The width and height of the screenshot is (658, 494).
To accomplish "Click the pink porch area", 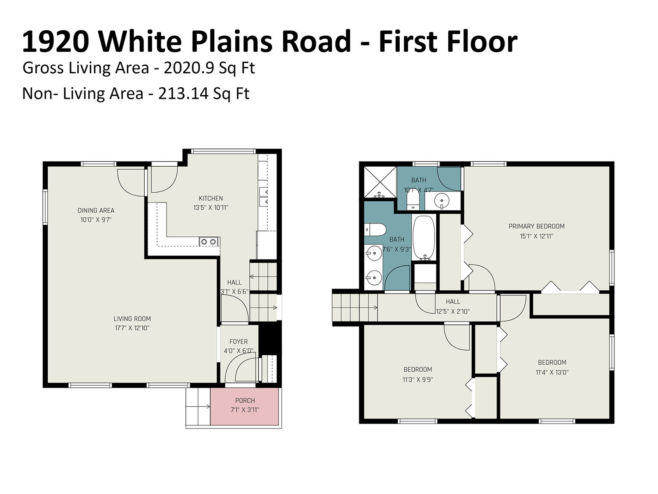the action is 245,406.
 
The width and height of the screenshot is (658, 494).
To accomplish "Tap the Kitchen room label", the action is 211,198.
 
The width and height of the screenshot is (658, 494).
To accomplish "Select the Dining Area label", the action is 96,210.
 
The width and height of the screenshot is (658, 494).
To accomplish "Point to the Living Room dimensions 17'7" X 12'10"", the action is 132,328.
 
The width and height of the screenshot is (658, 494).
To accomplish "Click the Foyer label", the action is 239,342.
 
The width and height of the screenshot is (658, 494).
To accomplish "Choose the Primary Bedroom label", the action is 536,226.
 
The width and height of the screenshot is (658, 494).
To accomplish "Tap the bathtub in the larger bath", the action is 424,237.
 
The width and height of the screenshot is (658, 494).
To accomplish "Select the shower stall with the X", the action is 380,182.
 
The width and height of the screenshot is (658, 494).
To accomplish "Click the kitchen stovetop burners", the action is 209,242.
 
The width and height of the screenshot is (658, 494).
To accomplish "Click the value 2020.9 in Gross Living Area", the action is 189,68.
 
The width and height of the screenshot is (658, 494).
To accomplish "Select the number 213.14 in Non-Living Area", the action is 183,93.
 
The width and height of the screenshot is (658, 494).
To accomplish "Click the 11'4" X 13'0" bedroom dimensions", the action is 552,373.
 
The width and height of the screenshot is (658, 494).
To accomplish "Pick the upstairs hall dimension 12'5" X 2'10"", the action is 453,312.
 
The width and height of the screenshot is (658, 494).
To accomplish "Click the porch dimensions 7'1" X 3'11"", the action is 245,410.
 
